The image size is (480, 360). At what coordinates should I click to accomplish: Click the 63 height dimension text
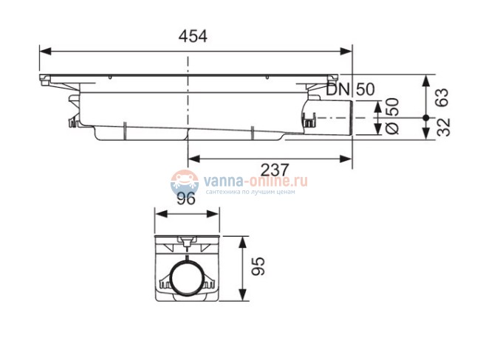point(443,96)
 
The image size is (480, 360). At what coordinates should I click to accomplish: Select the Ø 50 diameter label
point(393,116)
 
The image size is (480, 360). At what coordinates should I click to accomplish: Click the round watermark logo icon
point(184,182)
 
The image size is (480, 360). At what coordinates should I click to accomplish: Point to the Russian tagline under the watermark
point(250,192)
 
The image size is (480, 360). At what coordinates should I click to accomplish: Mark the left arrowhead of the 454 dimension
point(44,51)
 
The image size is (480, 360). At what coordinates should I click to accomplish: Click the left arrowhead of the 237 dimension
point(193,156)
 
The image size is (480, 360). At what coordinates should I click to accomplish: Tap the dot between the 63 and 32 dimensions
point(426,117)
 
